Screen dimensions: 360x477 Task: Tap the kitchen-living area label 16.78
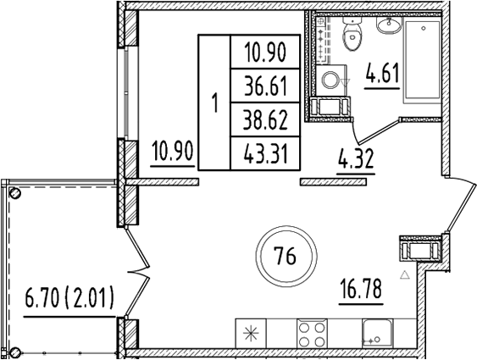(x=360, y=290)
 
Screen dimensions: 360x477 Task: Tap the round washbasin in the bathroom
(x=387, y=25)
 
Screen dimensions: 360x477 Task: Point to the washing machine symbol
(x=331, y=80)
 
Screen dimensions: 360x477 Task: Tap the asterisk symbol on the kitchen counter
(x=252, y=333)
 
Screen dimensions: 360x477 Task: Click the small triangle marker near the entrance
(x=406, y=274)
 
